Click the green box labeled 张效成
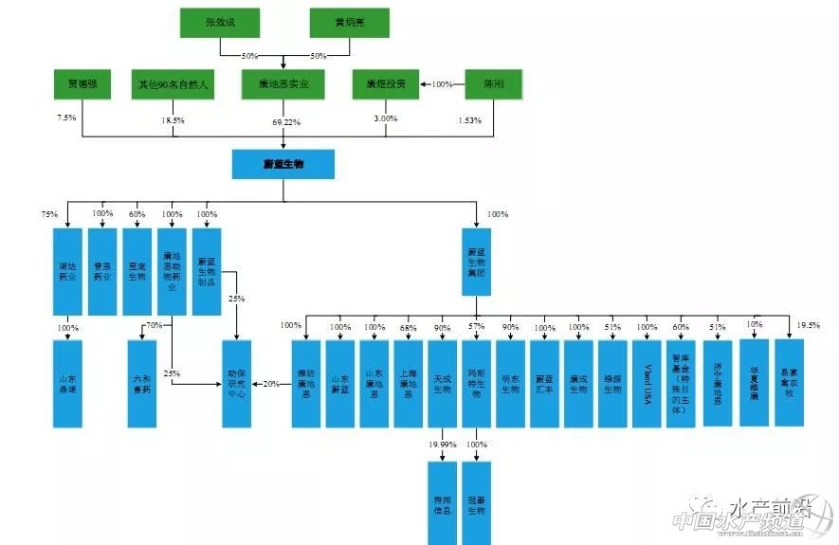click(x=219, y=23)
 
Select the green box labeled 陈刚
click(x=495, y=84)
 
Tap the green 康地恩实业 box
click(x=283, y=84)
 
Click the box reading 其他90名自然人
click(x=173, y=84)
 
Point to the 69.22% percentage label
click(x=285, y=122)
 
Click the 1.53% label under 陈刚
click(x=469, y=120)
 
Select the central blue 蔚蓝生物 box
click(x=283, y=164)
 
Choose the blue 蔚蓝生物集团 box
click(x=477, y=259)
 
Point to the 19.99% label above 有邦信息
click(x=442, y=444)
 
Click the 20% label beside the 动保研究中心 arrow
click(x=272, y=383)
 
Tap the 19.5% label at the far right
click(x=809, y=324)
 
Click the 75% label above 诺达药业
click(x=50, y=214)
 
